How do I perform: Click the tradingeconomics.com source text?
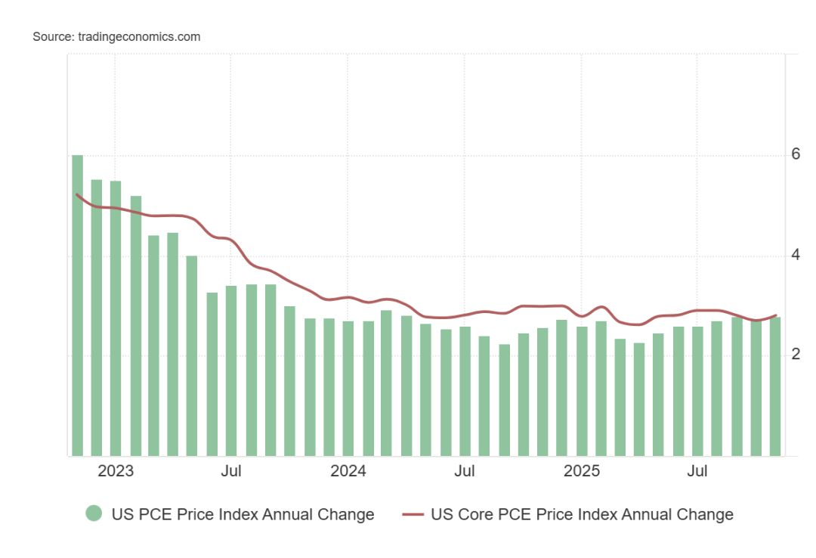(139, 36)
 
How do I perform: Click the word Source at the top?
(52, 36)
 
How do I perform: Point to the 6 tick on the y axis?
(796, 154)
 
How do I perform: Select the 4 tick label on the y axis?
(796, 255)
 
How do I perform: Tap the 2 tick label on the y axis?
(796, 355)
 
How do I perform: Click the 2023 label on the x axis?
(116, 472)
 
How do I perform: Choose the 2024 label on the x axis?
(348, 472)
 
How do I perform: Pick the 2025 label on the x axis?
(582, 472)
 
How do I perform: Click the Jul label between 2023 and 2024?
(231, 472)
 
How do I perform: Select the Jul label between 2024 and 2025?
(465, 472)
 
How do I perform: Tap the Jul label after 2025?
(697, 472)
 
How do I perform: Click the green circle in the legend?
(94, 514)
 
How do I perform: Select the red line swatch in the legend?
(413, 514)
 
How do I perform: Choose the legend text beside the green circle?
(243, 514)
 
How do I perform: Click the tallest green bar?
(77, 305)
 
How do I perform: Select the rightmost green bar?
(775, 386)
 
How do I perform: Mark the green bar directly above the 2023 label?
(116, 318)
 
